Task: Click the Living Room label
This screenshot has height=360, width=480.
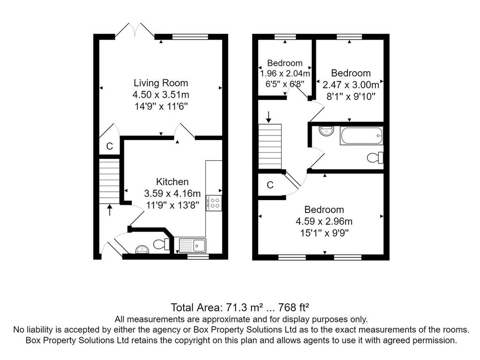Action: (x=161, y=83)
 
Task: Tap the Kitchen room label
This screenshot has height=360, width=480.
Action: (x=172, y=182)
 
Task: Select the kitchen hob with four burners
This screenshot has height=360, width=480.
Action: (x=214, y=203)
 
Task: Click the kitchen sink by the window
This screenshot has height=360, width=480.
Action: (x=193, y=245)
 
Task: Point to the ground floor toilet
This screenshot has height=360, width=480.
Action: (x=161, y=244)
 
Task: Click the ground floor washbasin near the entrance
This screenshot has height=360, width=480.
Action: (x=142, y=249)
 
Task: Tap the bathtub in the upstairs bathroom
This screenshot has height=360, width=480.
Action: (x=361, y=135)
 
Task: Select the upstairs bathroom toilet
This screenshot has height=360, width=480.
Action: (x=375, y=157)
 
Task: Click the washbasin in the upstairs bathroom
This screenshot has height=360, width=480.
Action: (x=326, y=131)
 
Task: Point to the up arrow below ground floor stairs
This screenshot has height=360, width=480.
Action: (x=109, y=210)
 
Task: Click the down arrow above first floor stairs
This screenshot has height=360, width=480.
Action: (x=269, y=117)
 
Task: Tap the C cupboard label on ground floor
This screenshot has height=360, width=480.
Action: (x=109, y=146)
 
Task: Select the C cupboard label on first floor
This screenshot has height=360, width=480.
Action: (x=270, y=185)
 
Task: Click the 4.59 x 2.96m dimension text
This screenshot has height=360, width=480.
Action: (x=324, y=221)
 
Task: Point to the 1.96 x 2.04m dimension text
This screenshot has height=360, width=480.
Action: (x=285, y=74)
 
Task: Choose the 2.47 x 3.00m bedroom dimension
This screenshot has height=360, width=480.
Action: (x=351, y=84)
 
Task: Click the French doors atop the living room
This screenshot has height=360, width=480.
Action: (x=135, y=30)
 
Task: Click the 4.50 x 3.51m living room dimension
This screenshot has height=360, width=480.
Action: (x=161, y=95)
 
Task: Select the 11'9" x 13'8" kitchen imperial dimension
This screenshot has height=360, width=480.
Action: (x=172, y=205)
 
